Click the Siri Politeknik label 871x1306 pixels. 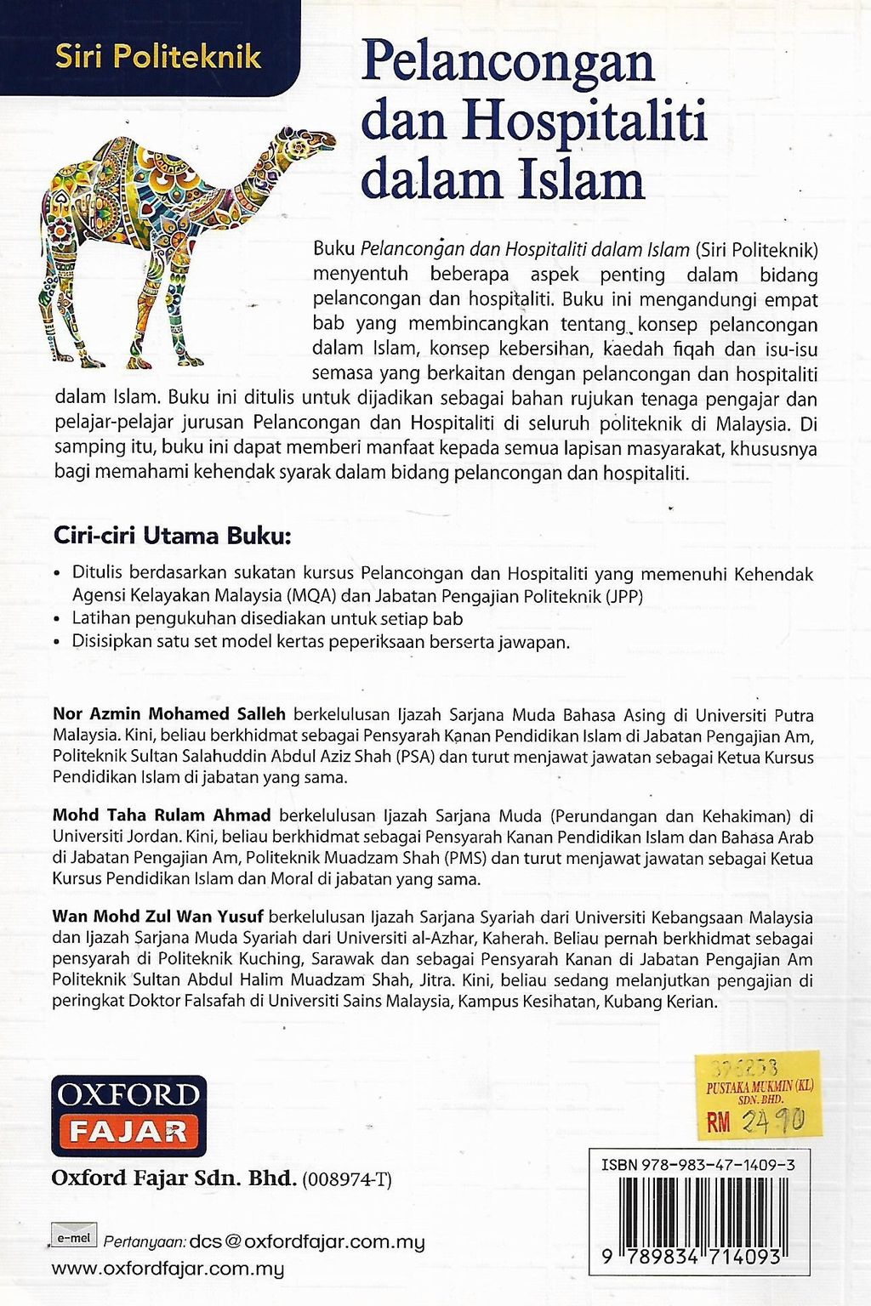pos(158,57)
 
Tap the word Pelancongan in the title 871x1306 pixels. pos(508,63)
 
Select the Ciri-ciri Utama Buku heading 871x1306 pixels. pos(173,537)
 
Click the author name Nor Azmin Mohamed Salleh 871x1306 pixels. pos(169,714)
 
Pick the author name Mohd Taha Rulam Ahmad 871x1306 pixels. pos(162,815)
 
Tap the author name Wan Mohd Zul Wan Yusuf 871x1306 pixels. pos(158,917)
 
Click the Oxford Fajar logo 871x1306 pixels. pos(128,1116)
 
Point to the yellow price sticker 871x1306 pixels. pos(758,1094)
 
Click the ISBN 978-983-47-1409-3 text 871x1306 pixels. pos(697,1166)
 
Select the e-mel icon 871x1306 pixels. pos(74,1238)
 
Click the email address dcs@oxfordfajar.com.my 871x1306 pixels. pos(307,1241)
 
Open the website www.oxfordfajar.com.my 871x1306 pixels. pos(168,1269)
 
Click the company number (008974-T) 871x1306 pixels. pos(347,1179)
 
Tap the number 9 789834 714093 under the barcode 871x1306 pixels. pos(692,1258)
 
